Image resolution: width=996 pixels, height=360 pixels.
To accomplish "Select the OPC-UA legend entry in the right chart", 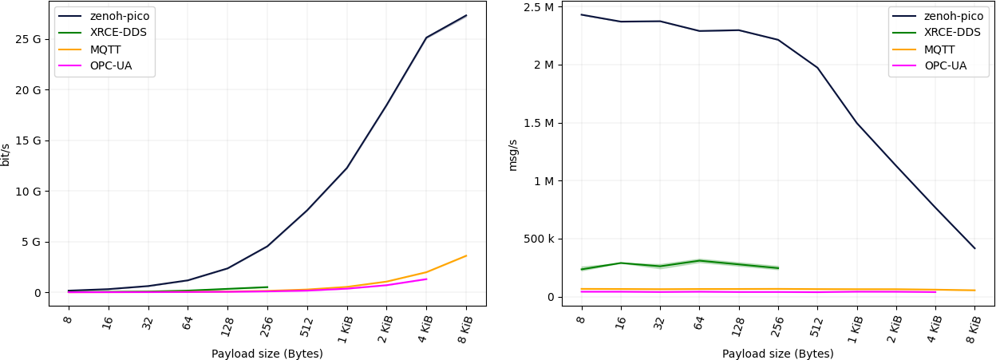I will [x=945, y=65].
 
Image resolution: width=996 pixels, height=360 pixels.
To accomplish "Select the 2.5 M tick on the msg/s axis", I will [x=538, y=7].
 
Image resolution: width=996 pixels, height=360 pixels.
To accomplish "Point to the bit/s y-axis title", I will [x=6, y=155].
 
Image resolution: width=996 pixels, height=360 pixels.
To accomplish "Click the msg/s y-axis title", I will [x=513, y=155].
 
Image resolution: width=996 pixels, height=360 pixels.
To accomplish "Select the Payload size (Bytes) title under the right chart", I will [x=777, y=354].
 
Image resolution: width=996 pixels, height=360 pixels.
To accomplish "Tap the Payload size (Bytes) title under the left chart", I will [x=267, y=354].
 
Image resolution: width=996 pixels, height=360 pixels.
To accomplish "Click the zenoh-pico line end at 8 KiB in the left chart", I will [x=466, y=15].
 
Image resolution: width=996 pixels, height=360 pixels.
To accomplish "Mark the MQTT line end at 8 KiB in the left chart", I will [x=466, y=255].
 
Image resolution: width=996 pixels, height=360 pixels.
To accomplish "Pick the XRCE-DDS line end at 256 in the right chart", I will [x=778, y=268].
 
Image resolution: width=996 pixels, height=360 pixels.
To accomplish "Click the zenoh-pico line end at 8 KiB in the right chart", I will [x=974, y=248].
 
